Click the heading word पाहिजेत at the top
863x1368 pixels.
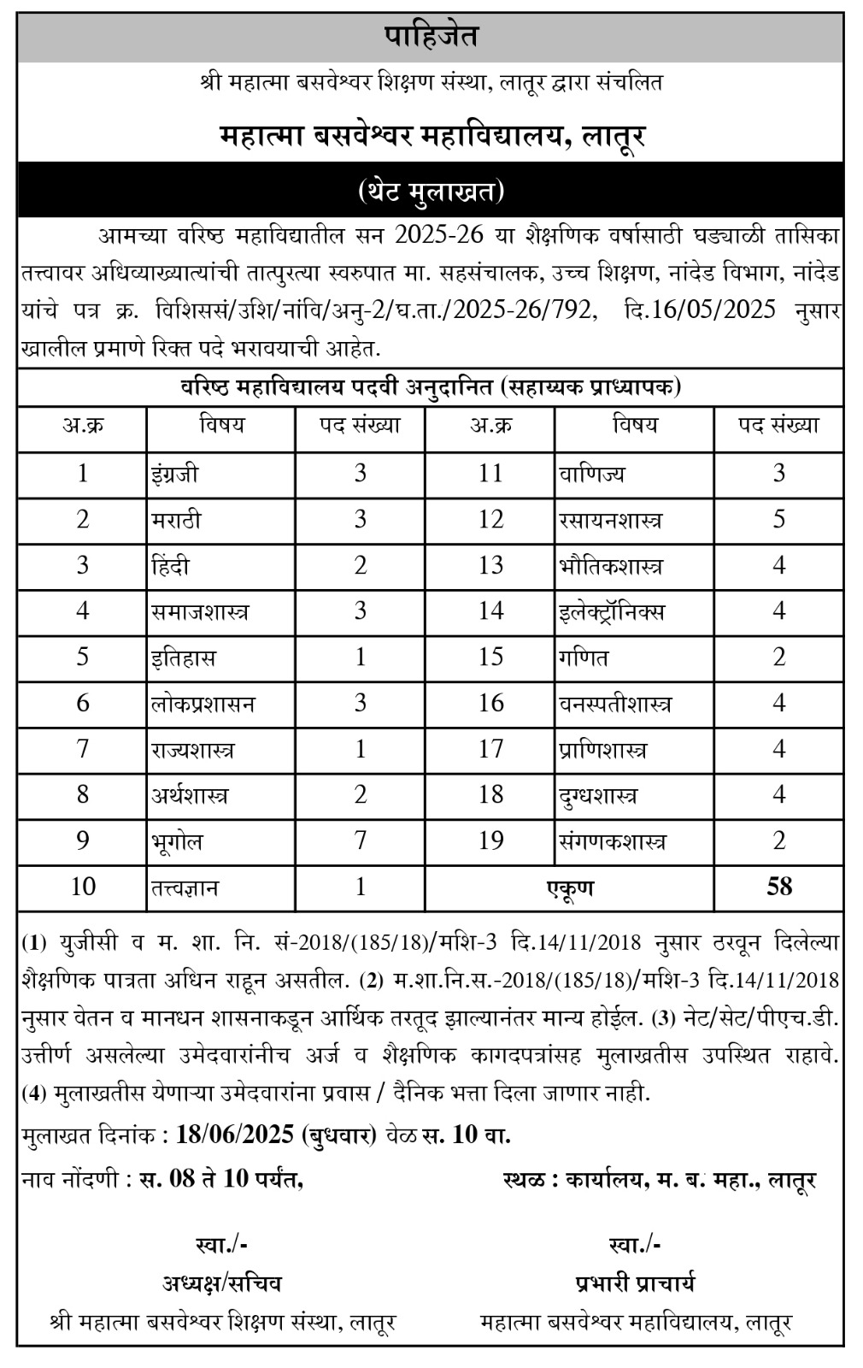(x=431, y=37)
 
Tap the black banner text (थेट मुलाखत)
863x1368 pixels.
(x=431, y=191)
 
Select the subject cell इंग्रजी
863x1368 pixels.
(x=176, y=473)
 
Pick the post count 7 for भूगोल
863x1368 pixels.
(x=360, y=840)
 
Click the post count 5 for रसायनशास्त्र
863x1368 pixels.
(x=778, y=519)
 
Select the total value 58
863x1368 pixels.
(x=778, y=887)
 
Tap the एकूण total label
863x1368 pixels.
(x=570, y=887)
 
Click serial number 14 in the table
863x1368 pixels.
(x=490, y=611)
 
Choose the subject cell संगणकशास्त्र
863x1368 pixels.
(x=612, y=841)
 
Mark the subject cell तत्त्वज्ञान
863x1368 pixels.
(x=185, y=887)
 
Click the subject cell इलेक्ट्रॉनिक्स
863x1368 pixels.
(x=612, y=611)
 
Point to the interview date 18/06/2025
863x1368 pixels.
(x=234, y=1135)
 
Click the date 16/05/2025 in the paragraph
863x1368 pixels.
(x=700, y=310)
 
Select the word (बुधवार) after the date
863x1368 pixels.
(x=339, y=1135)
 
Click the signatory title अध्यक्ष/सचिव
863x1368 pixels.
(x=221, y=1283)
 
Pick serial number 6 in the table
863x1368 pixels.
(x=83, y=703)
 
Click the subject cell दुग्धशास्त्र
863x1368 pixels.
(x=597, y=795)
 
